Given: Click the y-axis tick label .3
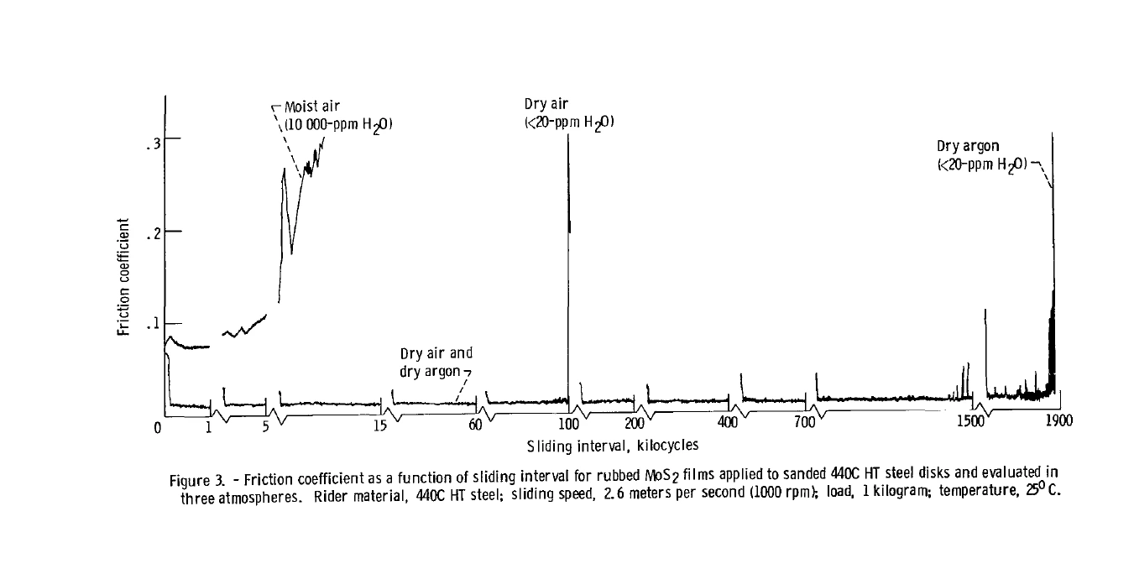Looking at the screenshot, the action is coord(154,144).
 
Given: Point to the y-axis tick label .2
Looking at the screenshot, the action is coord(154,235).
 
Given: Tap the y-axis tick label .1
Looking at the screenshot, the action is coord(154,323).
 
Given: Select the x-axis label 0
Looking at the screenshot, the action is coord(158,428).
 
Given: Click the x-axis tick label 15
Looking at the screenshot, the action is coord(380,425).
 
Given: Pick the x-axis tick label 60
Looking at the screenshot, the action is coord(475,425).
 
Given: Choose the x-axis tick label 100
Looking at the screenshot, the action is coord(568,423).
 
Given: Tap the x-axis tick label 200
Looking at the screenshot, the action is coord(635,423).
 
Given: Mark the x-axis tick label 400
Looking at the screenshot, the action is coord(728,421).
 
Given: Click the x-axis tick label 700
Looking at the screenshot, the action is coord(805,421).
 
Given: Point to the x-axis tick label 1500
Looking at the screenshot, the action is coord(970,421).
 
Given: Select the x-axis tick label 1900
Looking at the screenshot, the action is coord(1059,420).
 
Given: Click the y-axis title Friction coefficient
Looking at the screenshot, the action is coord(123,277).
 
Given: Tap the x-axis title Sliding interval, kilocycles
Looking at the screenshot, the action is coord(613,446).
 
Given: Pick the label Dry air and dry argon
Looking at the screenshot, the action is coord(436,363).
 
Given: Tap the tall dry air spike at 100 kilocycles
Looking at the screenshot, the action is coord(568,269).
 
